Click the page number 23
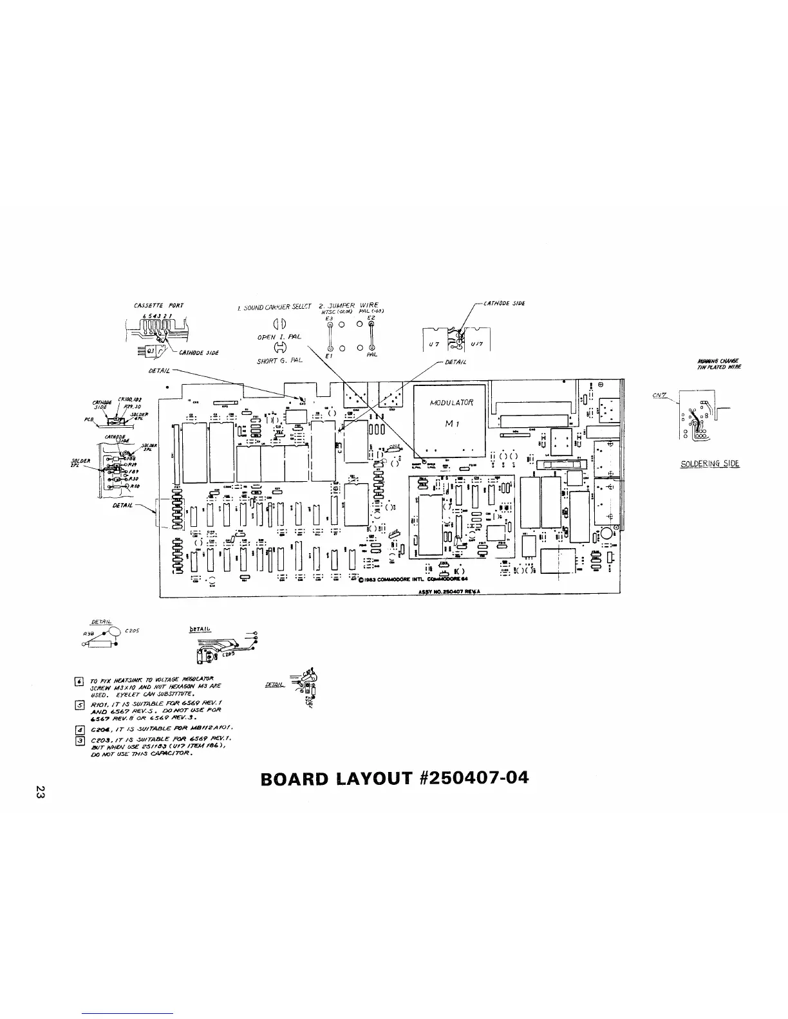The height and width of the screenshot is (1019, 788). coord(40,793)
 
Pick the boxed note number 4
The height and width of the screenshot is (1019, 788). coord(79,730)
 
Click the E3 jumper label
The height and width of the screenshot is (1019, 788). coord(328,317)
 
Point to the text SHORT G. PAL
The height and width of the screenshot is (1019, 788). coord(279,360)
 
